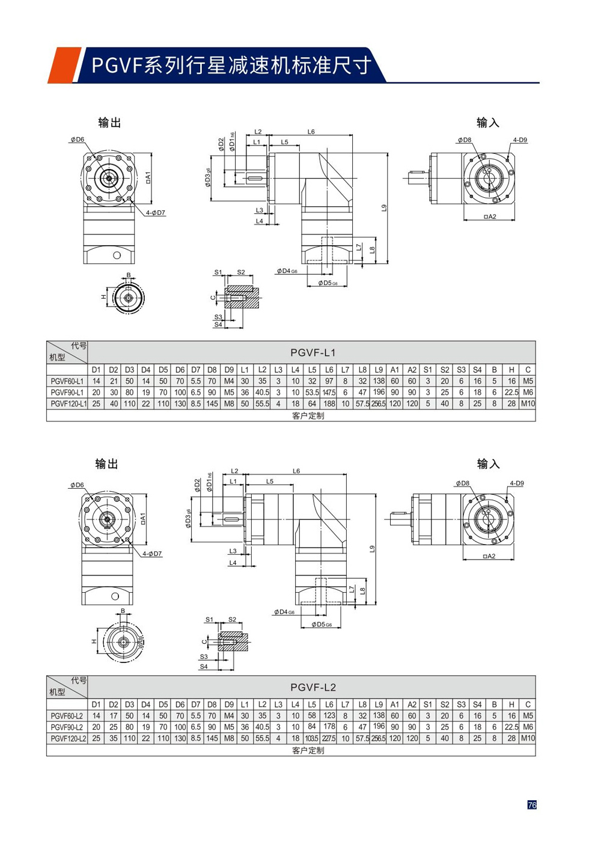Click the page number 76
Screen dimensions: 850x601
(531, 805)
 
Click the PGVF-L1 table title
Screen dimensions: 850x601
(313, 353)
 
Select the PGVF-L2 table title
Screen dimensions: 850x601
(313, 687)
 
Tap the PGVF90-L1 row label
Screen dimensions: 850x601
(67, 393)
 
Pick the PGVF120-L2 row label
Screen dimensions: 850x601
(68, 739)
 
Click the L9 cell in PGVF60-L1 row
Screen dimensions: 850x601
(378, 381)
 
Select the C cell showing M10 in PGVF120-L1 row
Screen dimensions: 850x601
(528, 404)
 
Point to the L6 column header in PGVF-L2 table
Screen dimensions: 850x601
(329, 705)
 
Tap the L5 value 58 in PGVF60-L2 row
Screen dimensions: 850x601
(311, 716)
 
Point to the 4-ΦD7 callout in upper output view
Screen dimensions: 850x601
(155, 213)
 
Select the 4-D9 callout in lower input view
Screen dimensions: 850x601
(517, 483)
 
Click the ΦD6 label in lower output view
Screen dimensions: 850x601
(77, 485)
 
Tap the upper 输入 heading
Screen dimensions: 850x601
(487, 123)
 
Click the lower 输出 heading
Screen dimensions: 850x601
(107, 463)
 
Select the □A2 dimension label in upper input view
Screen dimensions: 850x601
(490, 217)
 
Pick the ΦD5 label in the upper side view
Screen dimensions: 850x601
(328, 283)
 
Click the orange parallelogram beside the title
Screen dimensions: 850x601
(63, 65)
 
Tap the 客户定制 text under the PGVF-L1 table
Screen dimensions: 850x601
(308, 415)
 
